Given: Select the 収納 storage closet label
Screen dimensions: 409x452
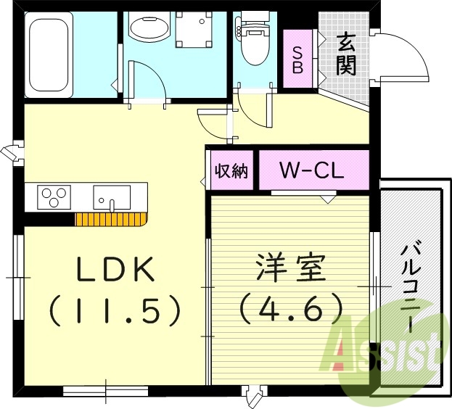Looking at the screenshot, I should point(231,171).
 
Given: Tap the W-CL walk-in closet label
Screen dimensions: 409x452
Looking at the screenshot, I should point(313,172).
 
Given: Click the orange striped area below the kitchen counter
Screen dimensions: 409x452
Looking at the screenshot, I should point(110,220).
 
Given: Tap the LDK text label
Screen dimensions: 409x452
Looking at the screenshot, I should point(116,271).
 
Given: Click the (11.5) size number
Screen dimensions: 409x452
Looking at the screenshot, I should point(115,311).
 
